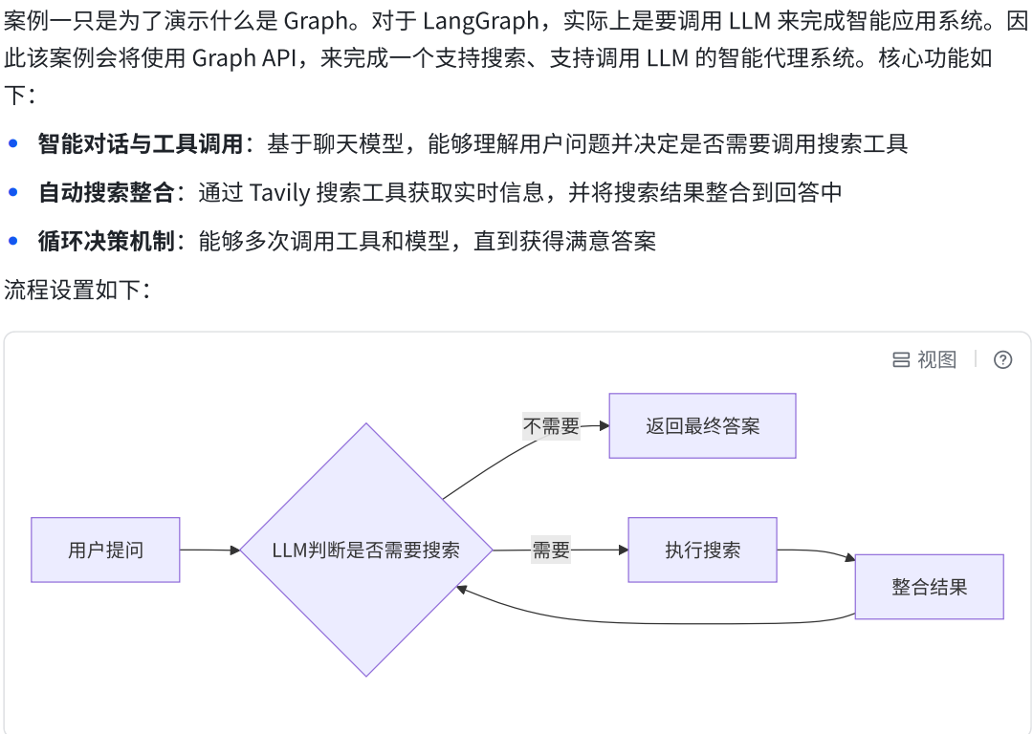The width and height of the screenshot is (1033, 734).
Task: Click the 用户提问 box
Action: click(105, 550)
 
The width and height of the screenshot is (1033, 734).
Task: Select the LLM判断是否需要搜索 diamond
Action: click(365, 550)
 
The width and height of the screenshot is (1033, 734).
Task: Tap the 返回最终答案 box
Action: click(703, 426)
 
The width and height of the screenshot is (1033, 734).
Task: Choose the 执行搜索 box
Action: click(702, 550)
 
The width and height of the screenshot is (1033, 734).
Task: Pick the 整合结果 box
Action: click(929, 587)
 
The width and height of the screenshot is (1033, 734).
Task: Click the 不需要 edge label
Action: click(551, 426)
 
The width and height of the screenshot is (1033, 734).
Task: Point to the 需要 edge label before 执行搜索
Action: click(551, 550)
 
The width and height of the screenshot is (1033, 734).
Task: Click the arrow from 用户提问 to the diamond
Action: click(209, 550)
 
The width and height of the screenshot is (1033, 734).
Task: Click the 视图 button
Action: click(925, 359)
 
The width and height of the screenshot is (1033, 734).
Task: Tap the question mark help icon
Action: click(1002, 359)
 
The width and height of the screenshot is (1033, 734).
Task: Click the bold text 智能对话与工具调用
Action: click(141, 144)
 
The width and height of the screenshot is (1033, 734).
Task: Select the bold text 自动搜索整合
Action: click(106, 192)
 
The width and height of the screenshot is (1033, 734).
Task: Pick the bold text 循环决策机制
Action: click(106, 241)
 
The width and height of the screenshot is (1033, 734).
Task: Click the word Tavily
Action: click(279, 192)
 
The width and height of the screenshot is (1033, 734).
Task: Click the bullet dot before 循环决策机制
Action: click(13, 241)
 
